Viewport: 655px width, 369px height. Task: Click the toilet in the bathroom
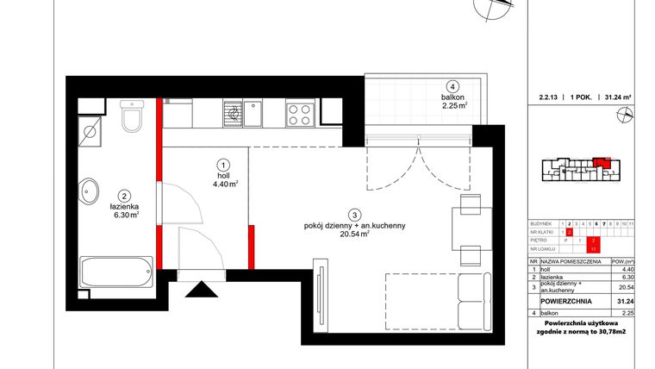pos(132,120)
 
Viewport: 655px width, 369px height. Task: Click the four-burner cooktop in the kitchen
pos(301,115)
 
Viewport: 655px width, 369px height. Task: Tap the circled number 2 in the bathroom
pos(124,196)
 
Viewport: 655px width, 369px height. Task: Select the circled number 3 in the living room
pos(353,214)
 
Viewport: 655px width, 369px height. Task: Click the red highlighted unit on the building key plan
pos(601,161)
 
